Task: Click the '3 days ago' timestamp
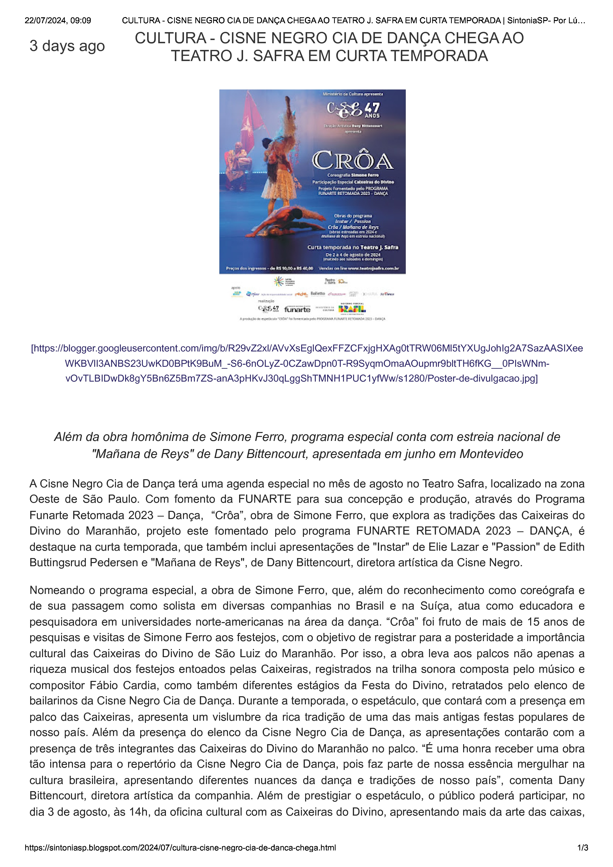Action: tap(67, 46)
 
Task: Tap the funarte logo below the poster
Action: tap(297, 309)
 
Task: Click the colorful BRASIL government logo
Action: tap(352, 308)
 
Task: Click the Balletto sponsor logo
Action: tap(318, 293)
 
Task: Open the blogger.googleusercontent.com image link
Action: tap(307, 363)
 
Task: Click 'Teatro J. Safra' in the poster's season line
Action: tap(379, 247)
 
